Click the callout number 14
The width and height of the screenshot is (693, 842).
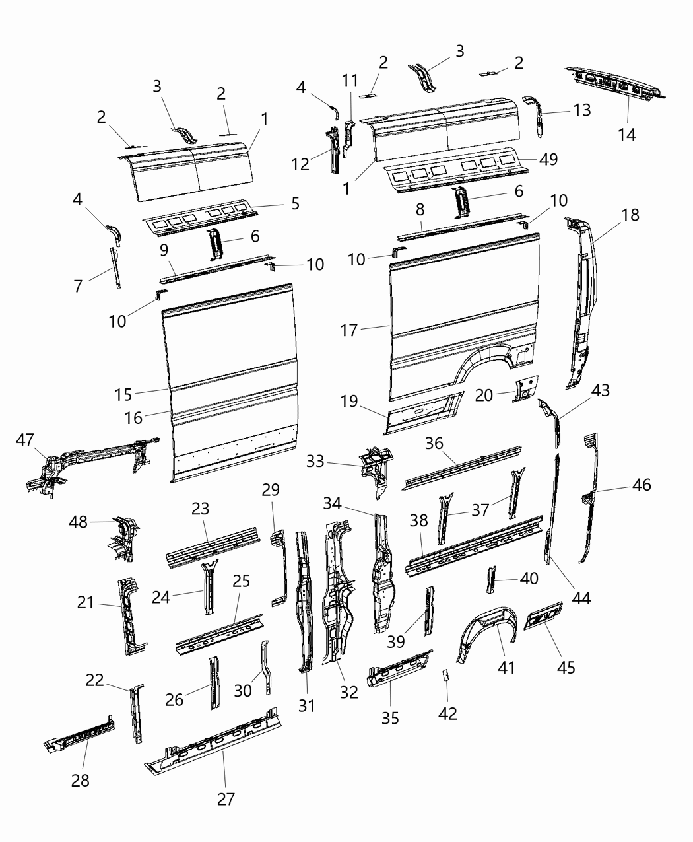click(627, 134)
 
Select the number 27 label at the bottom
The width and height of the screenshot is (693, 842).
click(226, 799)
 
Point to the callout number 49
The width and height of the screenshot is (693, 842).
click(548, 159)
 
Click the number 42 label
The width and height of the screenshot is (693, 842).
click(447, 713)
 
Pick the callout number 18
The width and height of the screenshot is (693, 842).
click(630, 215)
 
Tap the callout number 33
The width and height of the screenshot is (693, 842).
click(315, 461)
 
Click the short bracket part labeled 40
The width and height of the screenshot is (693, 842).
click(490, 579)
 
